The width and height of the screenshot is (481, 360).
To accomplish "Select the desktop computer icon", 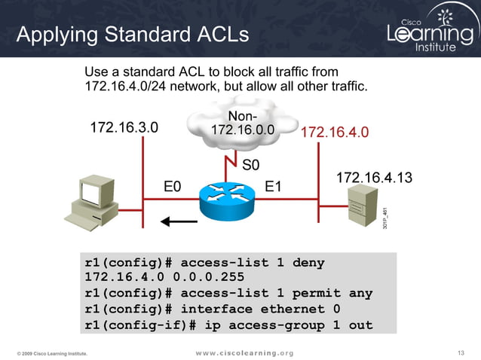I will tap(90, 201).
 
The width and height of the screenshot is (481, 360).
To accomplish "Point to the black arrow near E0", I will tap(179, 221).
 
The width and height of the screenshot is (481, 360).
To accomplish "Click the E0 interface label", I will tap(173, 185).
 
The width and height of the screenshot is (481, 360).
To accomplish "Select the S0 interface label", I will tap(251, 164).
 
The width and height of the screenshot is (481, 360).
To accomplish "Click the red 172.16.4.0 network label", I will tap(335, 133).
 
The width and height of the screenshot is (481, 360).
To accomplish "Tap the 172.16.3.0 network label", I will tap(124, 127).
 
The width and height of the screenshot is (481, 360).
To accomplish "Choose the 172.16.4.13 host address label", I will tap(374, 178).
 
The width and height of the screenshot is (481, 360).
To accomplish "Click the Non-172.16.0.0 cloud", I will tap(241, 124).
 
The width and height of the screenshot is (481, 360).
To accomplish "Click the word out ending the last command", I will tap(360, 325).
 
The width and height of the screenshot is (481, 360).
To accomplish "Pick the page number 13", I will tap(462, 352).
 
